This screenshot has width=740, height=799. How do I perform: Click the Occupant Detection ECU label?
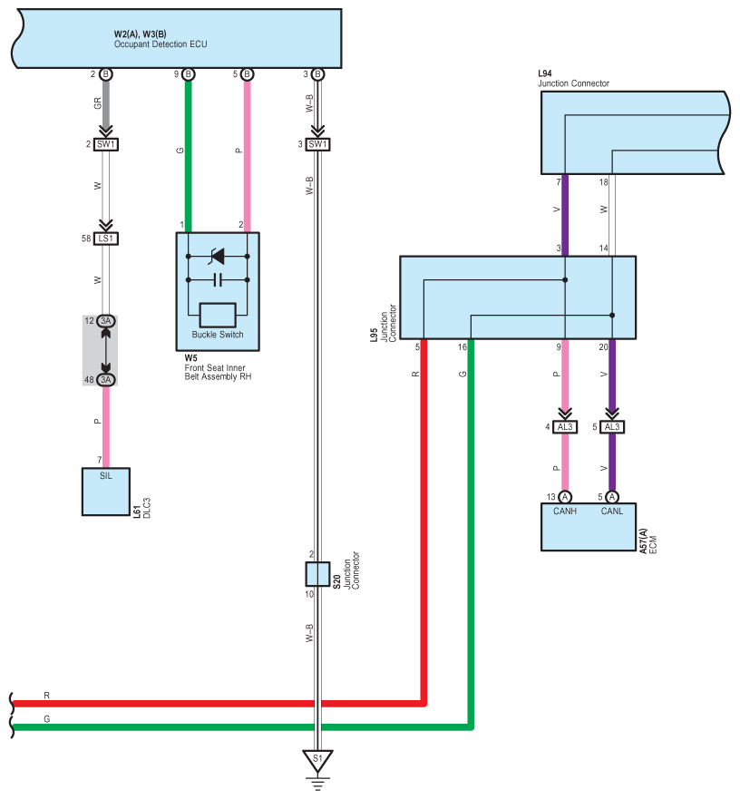[x=161, y=44]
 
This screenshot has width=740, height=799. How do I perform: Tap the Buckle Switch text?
[x=218, y=335]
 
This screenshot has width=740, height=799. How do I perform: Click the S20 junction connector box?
[x=317, y=574]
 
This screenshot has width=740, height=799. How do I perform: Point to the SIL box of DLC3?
[x=106, y=492]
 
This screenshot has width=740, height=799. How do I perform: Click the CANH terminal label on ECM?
[x=565, y=512]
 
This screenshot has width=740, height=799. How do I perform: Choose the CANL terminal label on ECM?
[x=611, y=512]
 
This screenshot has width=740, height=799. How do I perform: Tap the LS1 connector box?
[x=106, y=239]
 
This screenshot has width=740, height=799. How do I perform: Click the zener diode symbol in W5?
[x=217, y=257]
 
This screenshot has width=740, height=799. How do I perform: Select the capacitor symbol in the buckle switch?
[x=218, y=279]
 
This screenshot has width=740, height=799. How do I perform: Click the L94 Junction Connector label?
[x=573, y=79]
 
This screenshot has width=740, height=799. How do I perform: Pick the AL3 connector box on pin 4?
[x=565, y=427]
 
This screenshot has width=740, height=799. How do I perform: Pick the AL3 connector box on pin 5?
[x=612, y=427]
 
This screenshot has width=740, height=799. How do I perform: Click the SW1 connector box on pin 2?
[x=106, y=144]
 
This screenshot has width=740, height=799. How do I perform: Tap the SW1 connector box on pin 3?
[x=317, y=144]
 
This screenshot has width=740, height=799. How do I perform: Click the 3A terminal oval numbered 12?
[x=106, y=321]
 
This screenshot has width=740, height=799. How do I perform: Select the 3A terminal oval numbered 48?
[x=106, y=380]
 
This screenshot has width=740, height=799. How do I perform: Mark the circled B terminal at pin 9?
[x=188, y=74]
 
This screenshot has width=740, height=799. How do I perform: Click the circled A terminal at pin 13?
[x=565, y=497]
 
